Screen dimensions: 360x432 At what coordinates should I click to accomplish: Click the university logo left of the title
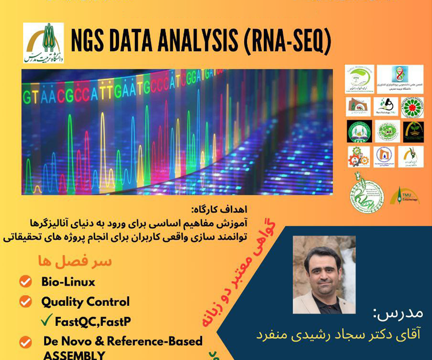[x=44, y=43]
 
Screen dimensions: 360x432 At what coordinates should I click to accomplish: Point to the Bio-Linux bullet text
[x=68, y=282]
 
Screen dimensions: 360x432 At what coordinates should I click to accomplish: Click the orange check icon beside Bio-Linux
[x=25, y=282]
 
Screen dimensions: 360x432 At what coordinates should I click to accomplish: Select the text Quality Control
[x=85, y=301]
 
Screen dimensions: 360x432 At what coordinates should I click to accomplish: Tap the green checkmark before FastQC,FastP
[x=47, y=320]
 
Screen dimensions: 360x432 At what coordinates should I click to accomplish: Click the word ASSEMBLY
[x=74, y=354]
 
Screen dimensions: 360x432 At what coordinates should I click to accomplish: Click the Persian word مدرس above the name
[x=398, y=313]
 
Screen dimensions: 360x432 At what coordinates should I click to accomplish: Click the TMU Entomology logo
[x=404, y=196]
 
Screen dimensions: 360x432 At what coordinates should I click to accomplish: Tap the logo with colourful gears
[x=359, y=157]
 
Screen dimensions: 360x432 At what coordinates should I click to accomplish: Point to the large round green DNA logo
[x=366, y=194]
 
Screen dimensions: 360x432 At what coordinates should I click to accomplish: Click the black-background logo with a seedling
[x=412, y=131]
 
